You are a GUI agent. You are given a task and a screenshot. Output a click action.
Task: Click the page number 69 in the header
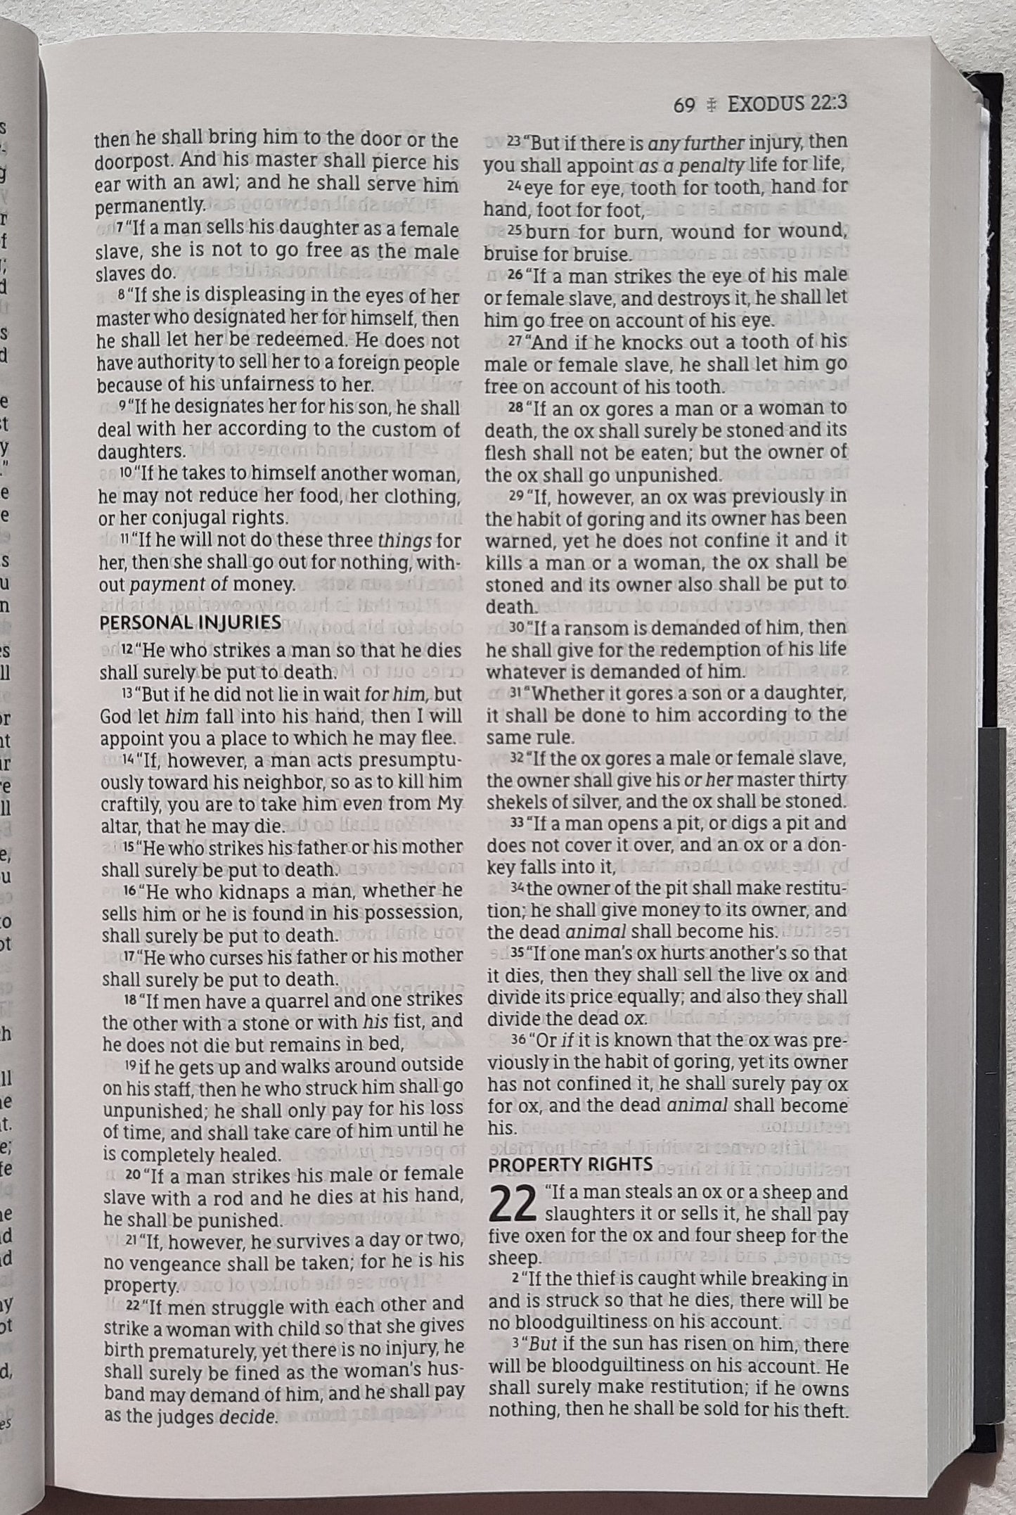(683, 105)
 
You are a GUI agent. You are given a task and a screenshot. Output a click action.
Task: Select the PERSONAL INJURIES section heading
(190, 622)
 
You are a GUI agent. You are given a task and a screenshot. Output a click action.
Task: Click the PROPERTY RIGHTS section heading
(570, 1165)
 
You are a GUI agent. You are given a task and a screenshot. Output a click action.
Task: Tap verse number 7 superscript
(120, 229)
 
